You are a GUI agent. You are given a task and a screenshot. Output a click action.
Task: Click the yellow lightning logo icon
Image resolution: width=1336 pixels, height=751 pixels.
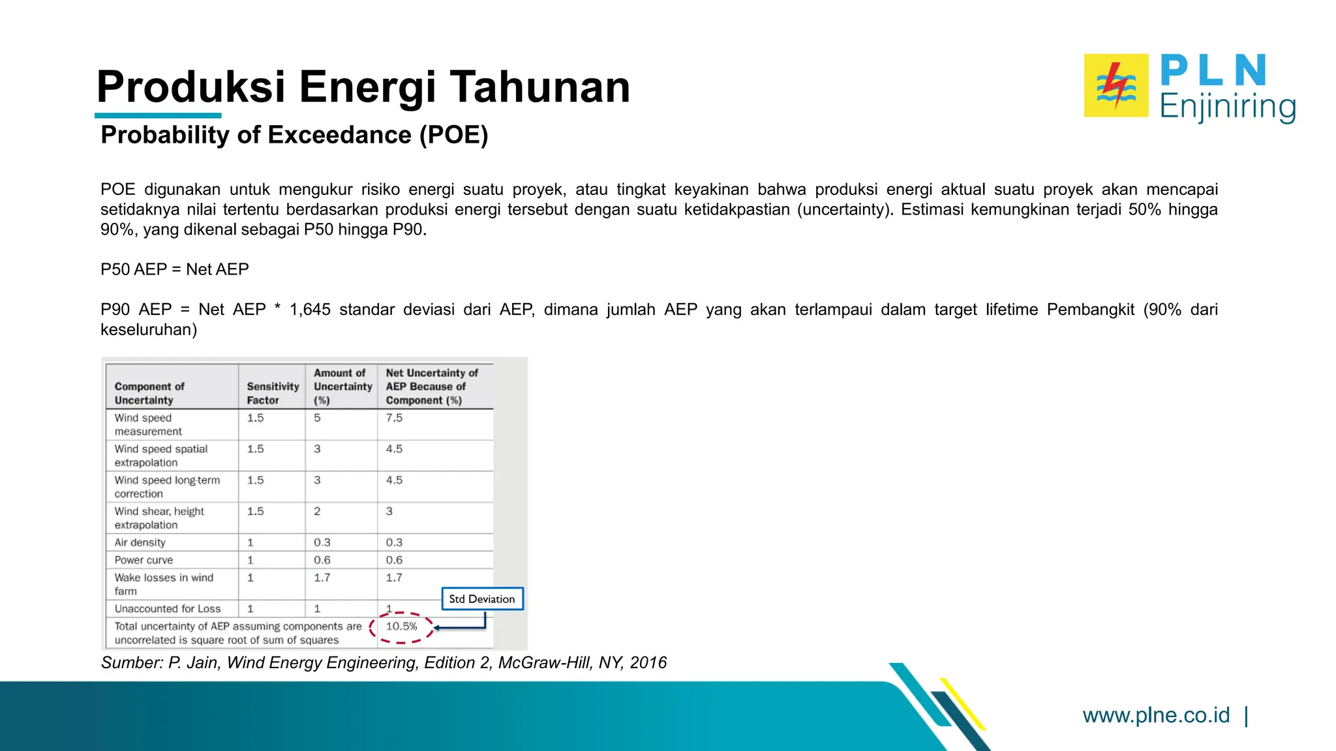(1116, 85)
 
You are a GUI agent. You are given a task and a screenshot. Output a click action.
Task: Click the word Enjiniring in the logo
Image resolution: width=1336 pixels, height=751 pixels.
(1227, 107)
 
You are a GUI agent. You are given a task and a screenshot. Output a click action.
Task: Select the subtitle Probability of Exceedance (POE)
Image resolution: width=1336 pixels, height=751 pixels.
(294, 135)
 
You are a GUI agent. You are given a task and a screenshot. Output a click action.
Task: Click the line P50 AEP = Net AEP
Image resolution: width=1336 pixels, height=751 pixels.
(175, 269)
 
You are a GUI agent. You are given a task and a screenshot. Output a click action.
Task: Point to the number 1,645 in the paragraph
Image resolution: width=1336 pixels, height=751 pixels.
(310, 310)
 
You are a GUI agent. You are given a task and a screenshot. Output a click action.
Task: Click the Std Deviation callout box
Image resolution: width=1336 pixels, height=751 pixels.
(482, 599)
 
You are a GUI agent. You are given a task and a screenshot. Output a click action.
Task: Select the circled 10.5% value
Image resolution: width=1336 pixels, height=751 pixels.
(401, 626)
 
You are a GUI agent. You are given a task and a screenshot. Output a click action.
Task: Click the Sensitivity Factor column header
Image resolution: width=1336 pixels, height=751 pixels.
(272, 393)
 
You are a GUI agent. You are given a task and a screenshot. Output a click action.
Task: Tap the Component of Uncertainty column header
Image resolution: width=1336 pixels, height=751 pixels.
(149, 393)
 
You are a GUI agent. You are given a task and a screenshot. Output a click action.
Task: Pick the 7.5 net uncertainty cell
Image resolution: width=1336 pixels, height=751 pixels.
(394, 418)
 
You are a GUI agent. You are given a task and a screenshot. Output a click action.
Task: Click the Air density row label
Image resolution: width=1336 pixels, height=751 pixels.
(140, 542)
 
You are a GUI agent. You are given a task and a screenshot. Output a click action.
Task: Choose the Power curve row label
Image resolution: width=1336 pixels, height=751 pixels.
(144, 560)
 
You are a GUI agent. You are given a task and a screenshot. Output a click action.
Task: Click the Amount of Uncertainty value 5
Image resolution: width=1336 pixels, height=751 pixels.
(317, 418)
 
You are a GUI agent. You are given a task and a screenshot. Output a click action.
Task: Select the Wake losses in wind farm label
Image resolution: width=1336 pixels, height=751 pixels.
(163, 584)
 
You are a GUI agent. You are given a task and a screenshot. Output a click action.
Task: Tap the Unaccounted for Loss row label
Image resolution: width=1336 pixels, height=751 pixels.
(168, 609)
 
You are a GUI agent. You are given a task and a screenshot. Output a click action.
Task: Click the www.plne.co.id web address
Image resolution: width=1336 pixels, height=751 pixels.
(1156, 715)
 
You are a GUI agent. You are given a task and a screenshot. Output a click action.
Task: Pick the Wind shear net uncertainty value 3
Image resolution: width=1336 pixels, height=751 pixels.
(389, 512)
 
